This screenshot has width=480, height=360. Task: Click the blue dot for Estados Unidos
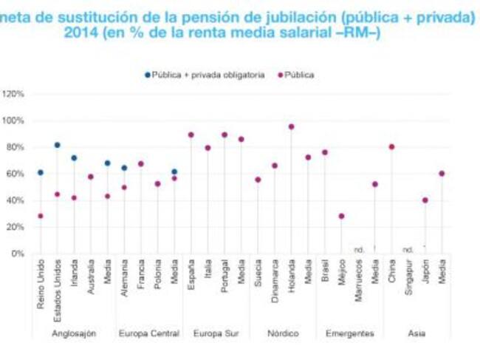point(58,145)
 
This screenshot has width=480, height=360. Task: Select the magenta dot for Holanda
point(291,126)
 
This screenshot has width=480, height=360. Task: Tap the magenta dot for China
point(391,146)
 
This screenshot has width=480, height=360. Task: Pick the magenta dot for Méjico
point(341,216)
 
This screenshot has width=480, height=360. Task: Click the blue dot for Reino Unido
point(41,172)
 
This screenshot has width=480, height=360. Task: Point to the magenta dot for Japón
point(425,200)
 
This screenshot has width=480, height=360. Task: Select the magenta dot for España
point(191,135)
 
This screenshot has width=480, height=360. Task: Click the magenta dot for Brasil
point(324,152)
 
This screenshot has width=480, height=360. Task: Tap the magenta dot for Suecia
point(258,180)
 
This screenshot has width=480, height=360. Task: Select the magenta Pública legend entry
point(298,75)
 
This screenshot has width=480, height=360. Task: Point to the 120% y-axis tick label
point(14,94)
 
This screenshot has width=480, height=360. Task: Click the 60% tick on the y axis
point(16,174)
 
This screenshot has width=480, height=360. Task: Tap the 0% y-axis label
point(18,254)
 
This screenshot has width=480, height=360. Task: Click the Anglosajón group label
point(74,333)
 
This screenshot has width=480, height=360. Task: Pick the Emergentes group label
point(349,333)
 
